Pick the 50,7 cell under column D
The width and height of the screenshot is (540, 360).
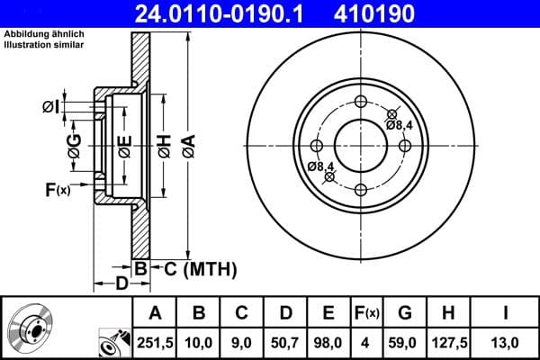285,341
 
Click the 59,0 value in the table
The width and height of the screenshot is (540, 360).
404,341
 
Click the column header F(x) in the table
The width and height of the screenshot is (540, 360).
367,313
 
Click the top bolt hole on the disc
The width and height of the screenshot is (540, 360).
361,101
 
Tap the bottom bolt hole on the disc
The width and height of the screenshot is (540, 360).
361,189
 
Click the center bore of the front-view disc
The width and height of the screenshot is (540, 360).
361,145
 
